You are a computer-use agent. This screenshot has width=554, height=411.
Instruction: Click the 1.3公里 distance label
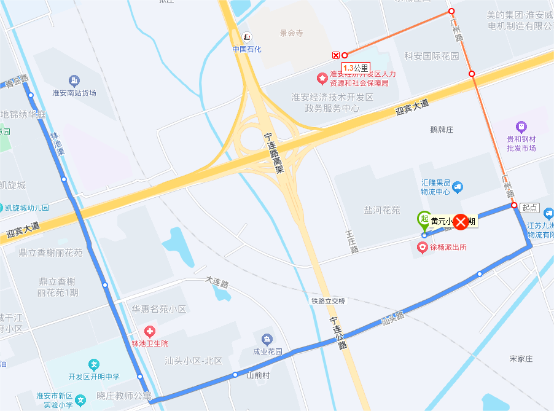[x=356, y=68]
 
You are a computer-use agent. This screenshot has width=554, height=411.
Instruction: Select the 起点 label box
[x=529, y=208]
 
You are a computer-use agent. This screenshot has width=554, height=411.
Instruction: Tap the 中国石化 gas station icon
[x=246, y=37]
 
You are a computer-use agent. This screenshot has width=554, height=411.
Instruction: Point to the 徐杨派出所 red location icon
[x=423, y=248]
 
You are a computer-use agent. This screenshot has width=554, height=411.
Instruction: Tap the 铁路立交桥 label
[x=328, y=301]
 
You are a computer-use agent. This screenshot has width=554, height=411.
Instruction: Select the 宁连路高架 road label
[x=274, y=153]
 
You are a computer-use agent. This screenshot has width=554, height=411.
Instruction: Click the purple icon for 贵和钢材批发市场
[x=521, y=127]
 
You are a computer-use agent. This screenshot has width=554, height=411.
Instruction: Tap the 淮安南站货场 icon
[x=74, y=80]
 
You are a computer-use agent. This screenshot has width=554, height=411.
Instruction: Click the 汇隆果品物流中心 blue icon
[x=457, y=187]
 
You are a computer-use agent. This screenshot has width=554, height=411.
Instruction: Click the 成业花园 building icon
[x=267, y=339]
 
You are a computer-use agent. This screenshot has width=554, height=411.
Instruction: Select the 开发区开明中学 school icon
[x=93, y=364]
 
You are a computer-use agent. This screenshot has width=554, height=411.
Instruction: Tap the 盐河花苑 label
[x=381, y=210]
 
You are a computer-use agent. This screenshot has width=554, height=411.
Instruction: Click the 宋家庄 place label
[x=520, y=358]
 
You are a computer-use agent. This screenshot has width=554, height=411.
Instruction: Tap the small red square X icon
[x=336, y=55]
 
